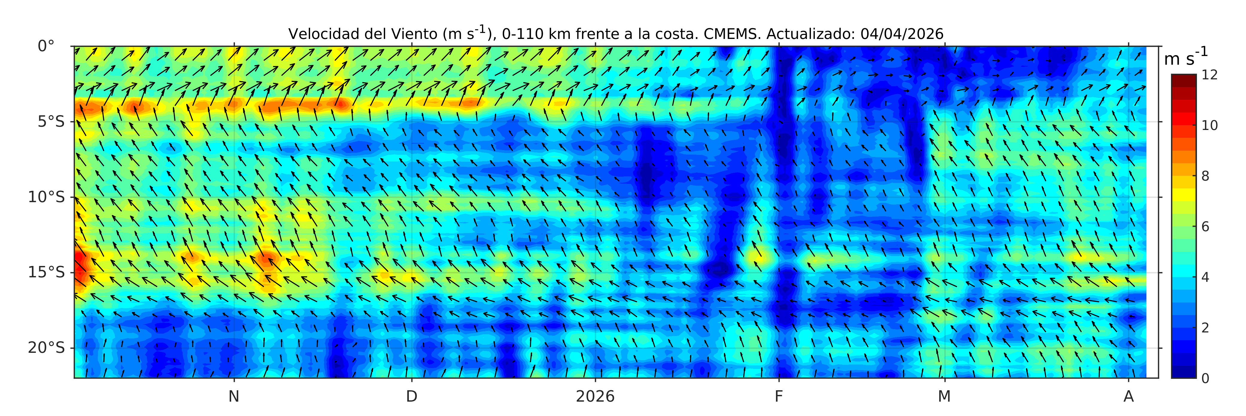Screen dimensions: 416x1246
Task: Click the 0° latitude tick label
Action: pos(46,46)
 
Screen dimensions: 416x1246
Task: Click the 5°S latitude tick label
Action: pos(51,122)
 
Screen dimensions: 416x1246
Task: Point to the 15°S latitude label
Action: pos(46,273)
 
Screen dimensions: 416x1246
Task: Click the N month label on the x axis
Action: pos(234,397)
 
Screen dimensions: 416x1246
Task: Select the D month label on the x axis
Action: pos(412,397)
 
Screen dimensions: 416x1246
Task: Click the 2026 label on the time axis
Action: pos(595,397)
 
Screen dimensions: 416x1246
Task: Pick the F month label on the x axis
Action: pos(779,397)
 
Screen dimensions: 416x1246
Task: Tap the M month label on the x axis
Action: pos(944,397)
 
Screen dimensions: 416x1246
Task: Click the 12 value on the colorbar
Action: pos(1210,75)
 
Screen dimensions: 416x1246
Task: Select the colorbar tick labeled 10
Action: pos(1210,125)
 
